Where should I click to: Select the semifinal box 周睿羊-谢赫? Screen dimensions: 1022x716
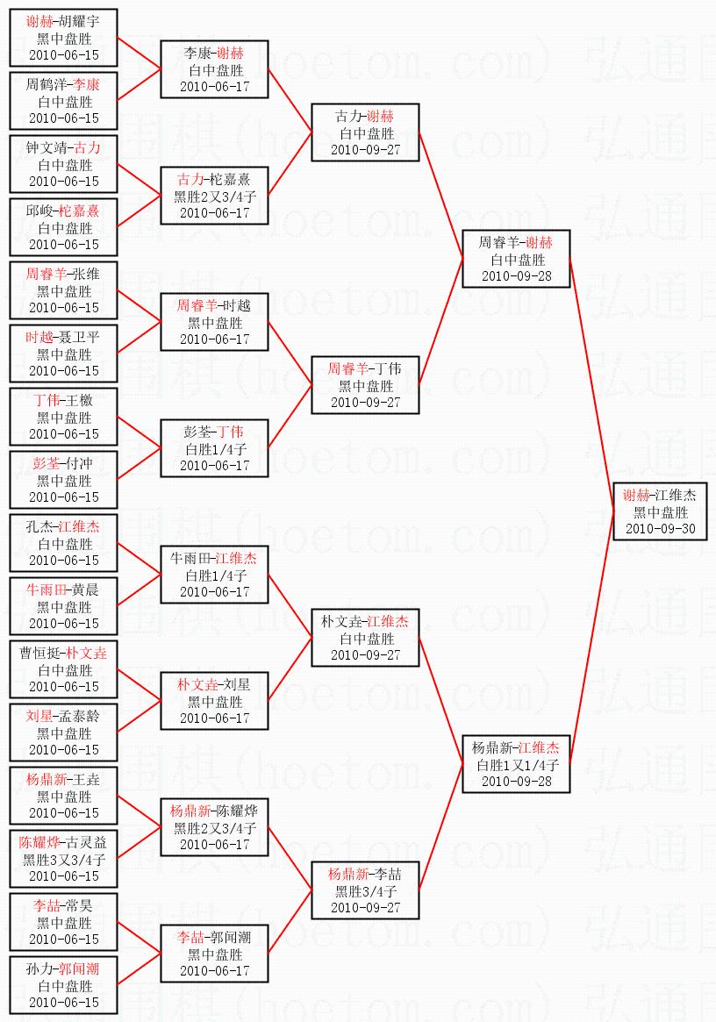coord(517,260)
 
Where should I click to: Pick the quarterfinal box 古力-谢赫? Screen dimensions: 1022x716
coord(365,133)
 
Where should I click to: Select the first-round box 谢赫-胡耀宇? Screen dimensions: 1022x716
coord(64,39)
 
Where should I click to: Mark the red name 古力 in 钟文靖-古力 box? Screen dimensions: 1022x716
coord(88,148)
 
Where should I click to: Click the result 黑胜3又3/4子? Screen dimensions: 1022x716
coord(64,860)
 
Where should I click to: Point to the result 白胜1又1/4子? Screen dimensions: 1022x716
coord(517,765)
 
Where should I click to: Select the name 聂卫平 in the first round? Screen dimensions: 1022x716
coord(75,338)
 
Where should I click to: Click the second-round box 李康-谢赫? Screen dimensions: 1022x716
coord(214,70)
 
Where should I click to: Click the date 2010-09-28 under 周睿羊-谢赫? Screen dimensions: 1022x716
coord(517,276)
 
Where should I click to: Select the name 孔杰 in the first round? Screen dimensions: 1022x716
coord(40,527)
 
